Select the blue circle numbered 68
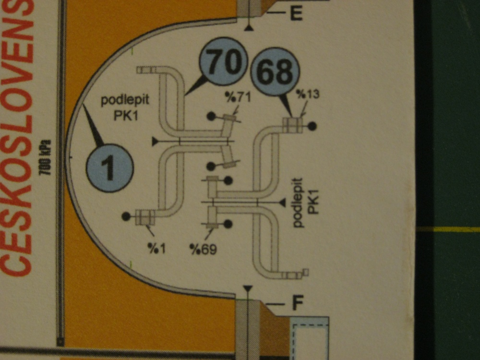click(x=275, y=72)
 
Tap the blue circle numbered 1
click(x=110, y=168)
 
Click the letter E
click(x=296, y=13)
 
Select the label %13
click(x=308, y=94)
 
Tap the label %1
click(x=157, y=248)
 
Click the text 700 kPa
click(x=45, y=157)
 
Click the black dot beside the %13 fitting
click(x=312, y=126)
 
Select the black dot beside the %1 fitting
click(x=126, y=216)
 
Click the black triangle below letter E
click(x=249, y=28)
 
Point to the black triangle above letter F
click(x=248, y=288)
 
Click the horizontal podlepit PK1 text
click(x=125, y=108)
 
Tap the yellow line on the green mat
click(x=448, y=229)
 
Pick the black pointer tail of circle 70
click(x=194, y=85)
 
